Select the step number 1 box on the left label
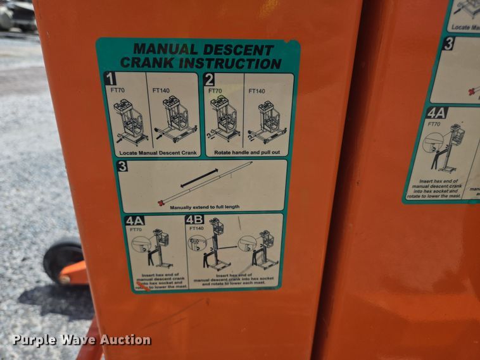110,80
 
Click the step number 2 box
210,80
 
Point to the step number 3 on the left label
123,166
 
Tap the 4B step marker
194,220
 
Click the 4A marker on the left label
134,221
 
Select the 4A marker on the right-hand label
436,113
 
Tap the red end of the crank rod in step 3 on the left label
161,202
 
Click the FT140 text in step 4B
196,228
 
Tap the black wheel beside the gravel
62,259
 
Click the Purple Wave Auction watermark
81,340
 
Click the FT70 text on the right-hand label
434,124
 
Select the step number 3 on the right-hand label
448,44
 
